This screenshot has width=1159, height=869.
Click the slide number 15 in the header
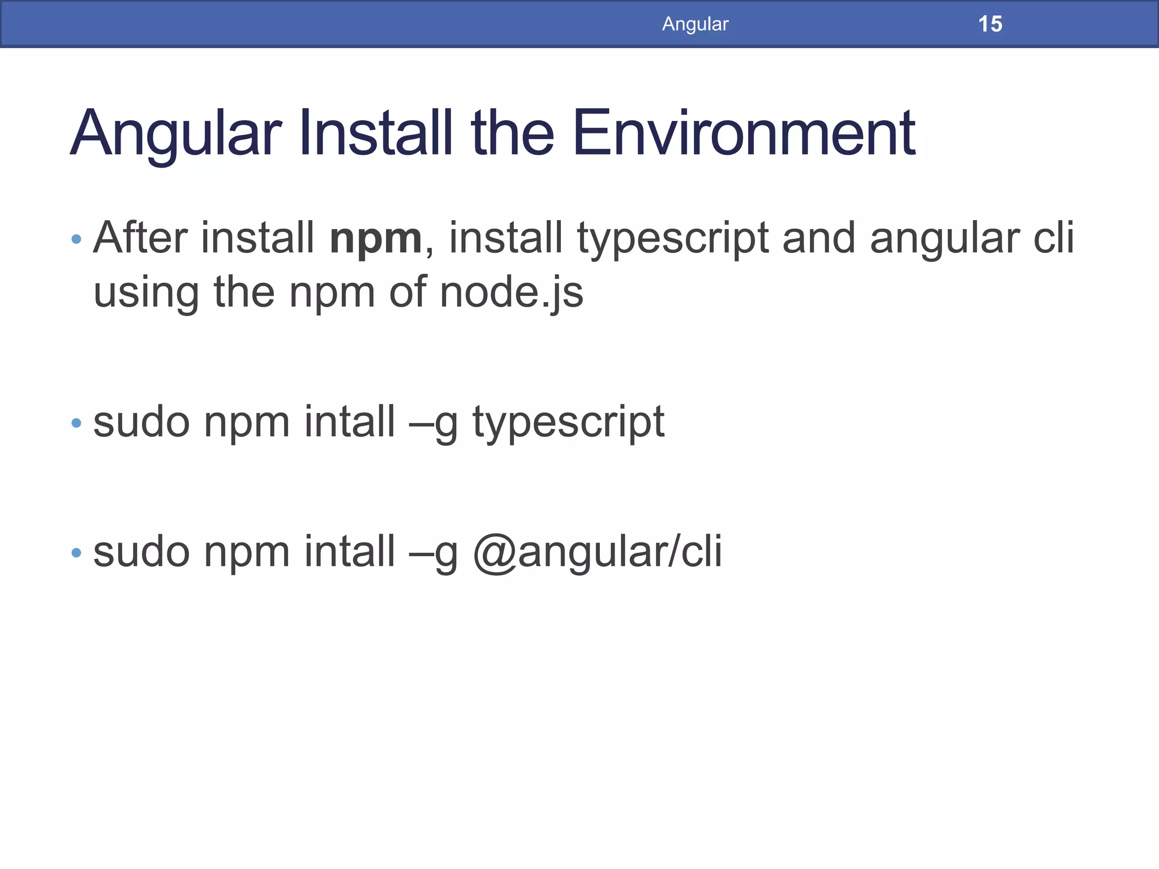pyautogui.click(x=990, y=24)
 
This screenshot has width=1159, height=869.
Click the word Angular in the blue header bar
pyautogui.click(x=695, y=24)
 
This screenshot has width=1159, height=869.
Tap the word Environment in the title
pyautogui.click(x=744, y=134)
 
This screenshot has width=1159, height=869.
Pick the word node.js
pyautogui.click(x=511, y=293)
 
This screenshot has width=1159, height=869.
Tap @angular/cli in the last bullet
pyautogui.click(x=597, y=552)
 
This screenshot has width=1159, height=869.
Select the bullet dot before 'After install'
pyautogui.click(x=76, y=239)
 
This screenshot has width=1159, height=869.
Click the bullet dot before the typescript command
pyautogui.click(x=76, y=423)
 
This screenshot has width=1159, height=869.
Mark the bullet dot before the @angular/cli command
pyautogui.click(x=76, y=552)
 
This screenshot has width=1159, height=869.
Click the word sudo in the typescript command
pyautogui.click(x=141, y=422)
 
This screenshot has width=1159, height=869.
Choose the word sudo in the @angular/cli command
pyautogui.click(x=141, y=552)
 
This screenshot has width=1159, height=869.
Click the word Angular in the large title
pyautogui.click(x=175, y=135)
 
